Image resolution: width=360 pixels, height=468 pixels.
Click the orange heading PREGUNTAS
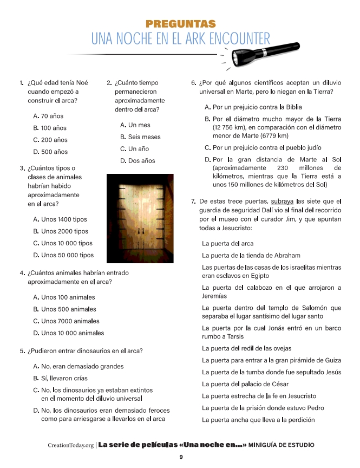[x=181, y=24]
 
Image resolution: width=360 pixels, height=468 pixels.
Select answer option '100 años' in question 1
[x=54, y=128]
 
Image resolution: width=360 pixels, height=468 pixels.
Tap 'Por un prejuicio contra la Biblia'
[x=257, y=107]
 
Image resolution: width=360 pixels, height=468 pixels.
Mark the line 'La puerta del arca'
[x=227, y=244]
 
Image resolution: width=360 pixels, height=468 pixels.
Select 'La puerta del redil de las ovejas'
[x=246, y=348]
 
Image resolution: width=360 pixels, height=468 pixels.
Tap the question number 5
[x=22, y=351]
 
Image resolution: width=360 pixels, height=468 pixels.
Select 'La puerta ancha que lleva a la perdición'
[x=258, y=420]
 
